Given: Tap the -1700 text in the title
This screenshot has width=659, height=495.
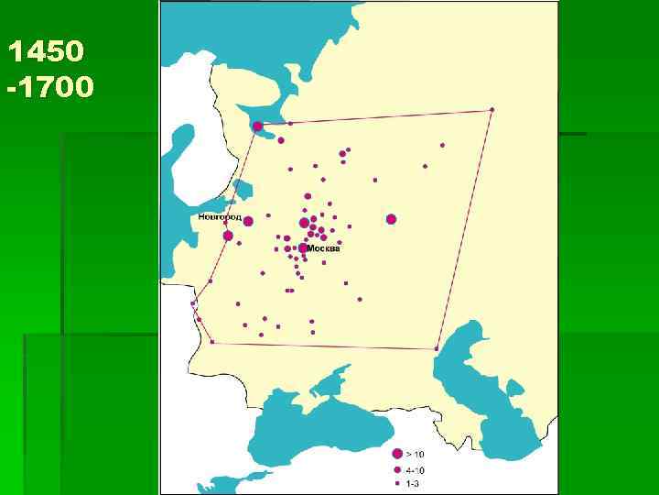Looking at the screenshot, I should pos(49,88).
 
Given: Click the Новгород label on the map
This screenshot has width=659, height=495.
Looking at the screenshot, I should pos(220,218).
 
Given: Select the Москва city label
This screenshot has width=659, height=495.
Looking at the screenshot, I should pos(324,248).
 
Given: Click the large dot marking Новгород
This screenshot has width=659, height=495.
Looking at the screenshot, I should pos(248,220).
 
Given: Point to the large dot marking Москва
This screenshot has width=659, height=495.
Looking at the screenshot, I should pos(303,247).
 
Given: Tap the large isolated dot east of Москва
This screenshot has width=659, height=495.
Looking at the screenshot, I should pos(391,219).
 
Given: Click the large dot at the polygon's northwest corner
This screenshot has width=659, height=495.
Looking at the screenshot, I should pos(258,126).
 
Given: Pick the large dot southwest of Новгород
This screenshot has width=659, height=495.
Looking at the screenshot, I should pos(228,236).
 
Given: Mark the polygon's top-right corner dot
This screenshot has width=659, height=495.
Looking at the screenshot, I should pos(492,110).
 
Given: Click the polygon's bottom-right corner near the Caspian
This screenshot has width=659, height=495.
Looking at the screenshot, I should pos(437,348).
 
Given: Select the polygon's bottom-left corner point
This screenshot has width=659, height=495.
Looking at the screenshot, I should pos(212,342).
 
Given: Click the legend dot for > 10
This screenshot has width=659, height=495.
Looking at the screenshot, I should pos(397,454).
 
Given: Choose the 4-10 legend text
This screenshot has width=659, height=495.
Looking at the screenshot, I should pos(415,469).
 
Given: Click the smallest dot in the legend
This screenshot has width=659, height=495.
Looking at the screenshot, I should pos(397,482).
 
